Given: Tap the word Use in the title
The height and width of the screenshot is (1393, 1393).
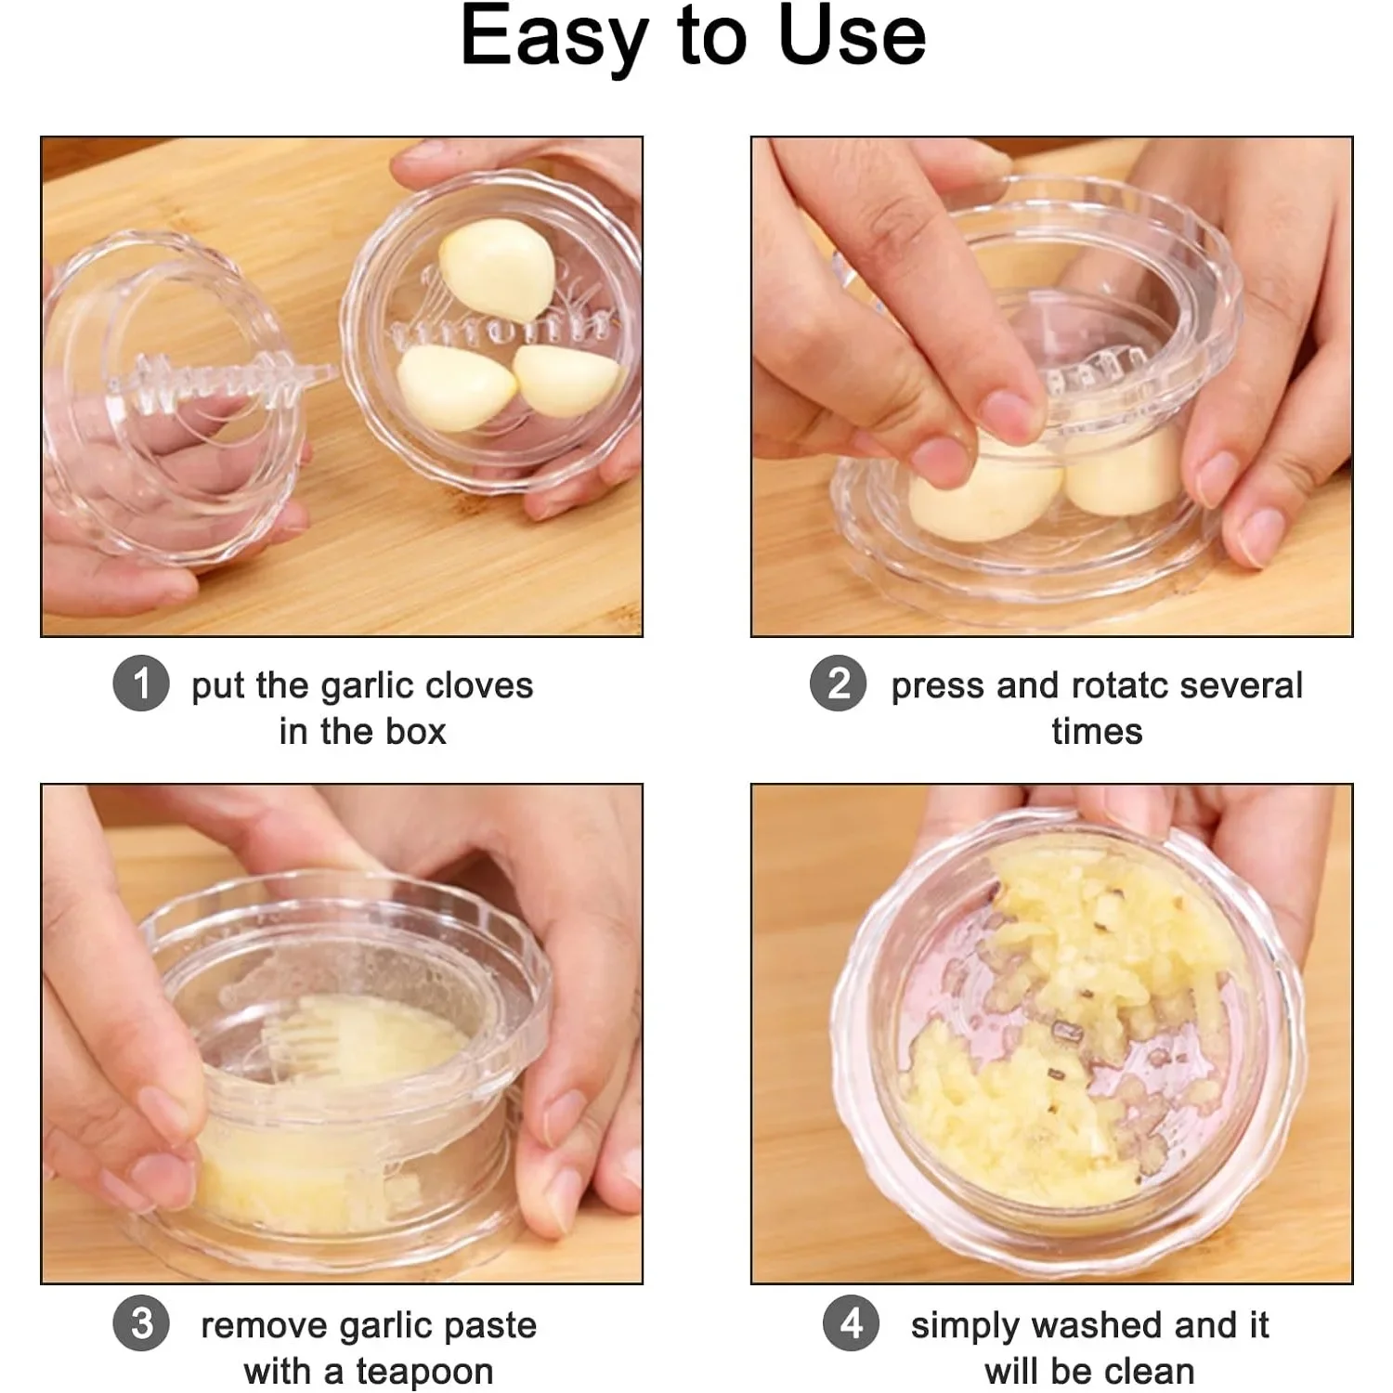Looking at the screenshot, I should click(852, 37).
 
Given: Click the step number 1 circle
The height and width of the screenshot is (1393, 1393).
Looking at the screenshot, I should click(141, 684).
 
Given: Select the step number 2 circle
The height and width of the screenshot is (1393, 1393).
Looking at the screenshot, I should click(838, 684).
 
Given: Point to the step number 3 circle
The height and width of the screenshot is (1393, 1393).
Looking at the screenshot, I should click(141, 1323).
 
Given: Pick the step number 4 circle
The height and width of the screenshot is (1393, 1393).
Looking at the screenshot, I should click(851, 1323).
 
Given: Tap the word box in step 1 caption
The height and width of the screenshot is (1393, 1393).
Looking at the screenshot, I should click(416, 732).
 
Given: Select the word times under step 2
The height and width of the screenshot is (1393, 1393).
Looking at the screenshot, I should click(1097, 732).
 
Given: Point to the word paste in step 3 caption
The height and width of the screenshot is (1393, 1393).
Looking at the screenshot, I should click(497, 1326).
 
